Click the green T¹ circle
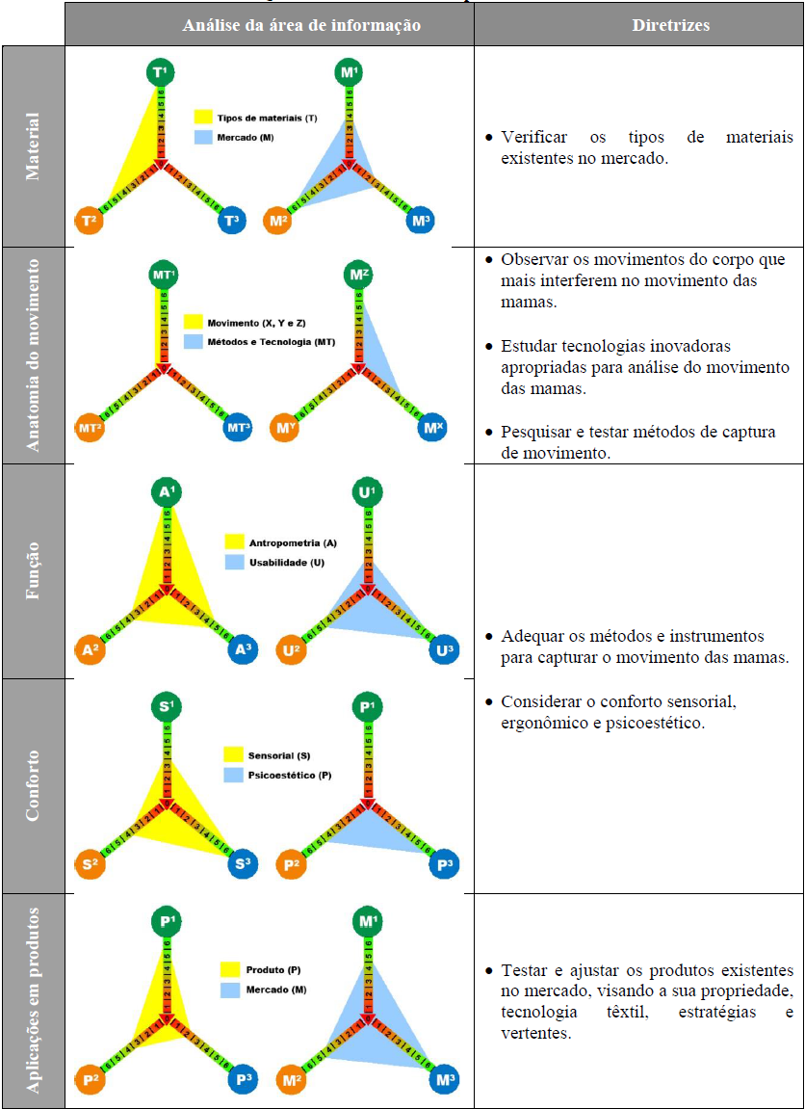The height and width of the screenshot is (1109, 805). click(x=161, y=72)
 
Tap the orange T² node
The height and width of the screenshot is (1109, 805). click(x=91, y=221)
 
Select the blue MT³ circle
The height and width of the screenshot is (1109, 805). click(x=237, y=427)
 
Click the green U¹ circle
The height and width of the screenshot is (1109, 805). click(x=366, y=493)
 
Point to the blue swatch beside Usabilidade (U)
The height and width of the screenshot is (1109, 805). click(x=234, y=562)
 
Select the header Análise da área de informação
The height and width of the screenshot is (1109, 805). click(x=301, y=25)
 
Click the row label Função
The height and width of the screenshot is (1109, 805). click(x=34, y=571)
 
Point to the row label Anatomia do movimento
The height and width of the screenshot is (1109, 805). click(x=34, y=355)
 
